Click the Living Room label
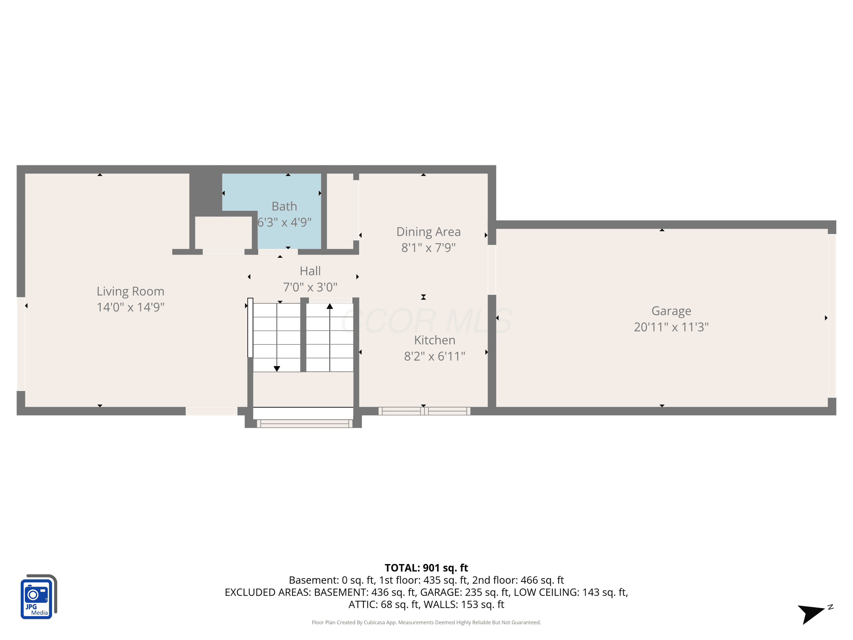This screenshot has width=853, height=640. (130, 291)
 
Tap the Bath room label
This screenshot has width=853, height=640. (284, 207)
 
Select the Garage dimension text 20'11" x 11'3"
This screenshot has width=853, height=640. (671, 327)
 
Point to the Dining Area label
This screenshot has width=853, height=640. (428, 232)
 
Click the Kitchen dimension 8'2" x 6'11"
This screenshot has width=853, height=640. (434, 356)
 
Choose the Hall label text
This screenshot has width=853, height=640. (310, 271)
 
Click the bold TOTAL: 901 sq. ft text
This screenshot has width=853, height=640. (426, 568)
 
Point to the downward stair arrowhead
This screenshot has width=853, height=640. (277, 369)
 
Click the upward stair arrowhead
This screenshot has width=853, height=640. (330, 306)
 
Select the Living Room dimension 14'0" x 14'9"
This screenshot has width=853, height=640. (130, 307)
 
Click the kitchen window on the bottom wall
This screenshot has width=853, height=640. (424, 411)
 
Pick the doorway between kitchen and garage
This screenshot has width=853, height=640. (492, 270)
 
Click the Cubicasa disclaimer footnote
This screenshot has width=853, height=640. (426, 622)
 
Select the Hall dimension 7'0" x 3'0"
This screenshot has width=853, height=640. (310, 287)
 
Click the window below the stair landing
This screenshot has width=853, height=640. (305, 424)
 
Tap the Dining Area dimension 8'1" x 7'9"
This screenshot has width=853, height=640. (428, 248)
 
